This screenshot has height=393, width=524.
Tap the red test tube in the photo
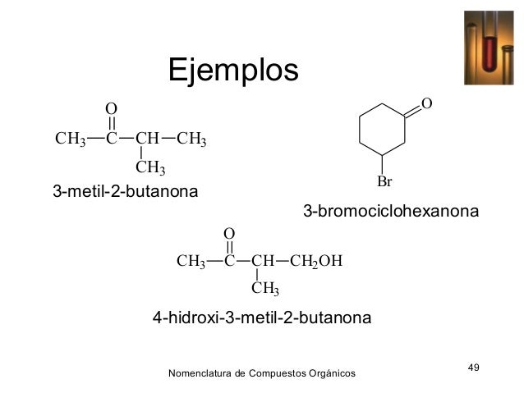point(492,50)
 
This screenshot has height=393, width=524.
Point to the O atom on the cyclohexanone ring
point(425,103)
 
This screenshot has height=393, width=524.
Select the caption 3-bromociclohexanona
point(390,212)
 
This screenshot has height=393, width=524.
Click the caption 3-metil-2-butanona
point(126,193)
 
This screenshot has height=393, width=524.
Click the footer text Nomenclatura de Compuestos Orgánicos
point(261,374)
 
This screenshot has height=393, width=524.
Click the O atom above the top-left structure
point(111,109)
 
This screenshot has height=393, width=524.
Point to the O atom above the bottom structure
point(229,234)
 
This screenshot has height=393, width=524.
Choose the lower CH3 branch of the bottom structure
point(265,289)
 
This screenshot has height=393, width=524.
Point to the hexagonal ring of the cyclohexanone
point(383,130)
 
